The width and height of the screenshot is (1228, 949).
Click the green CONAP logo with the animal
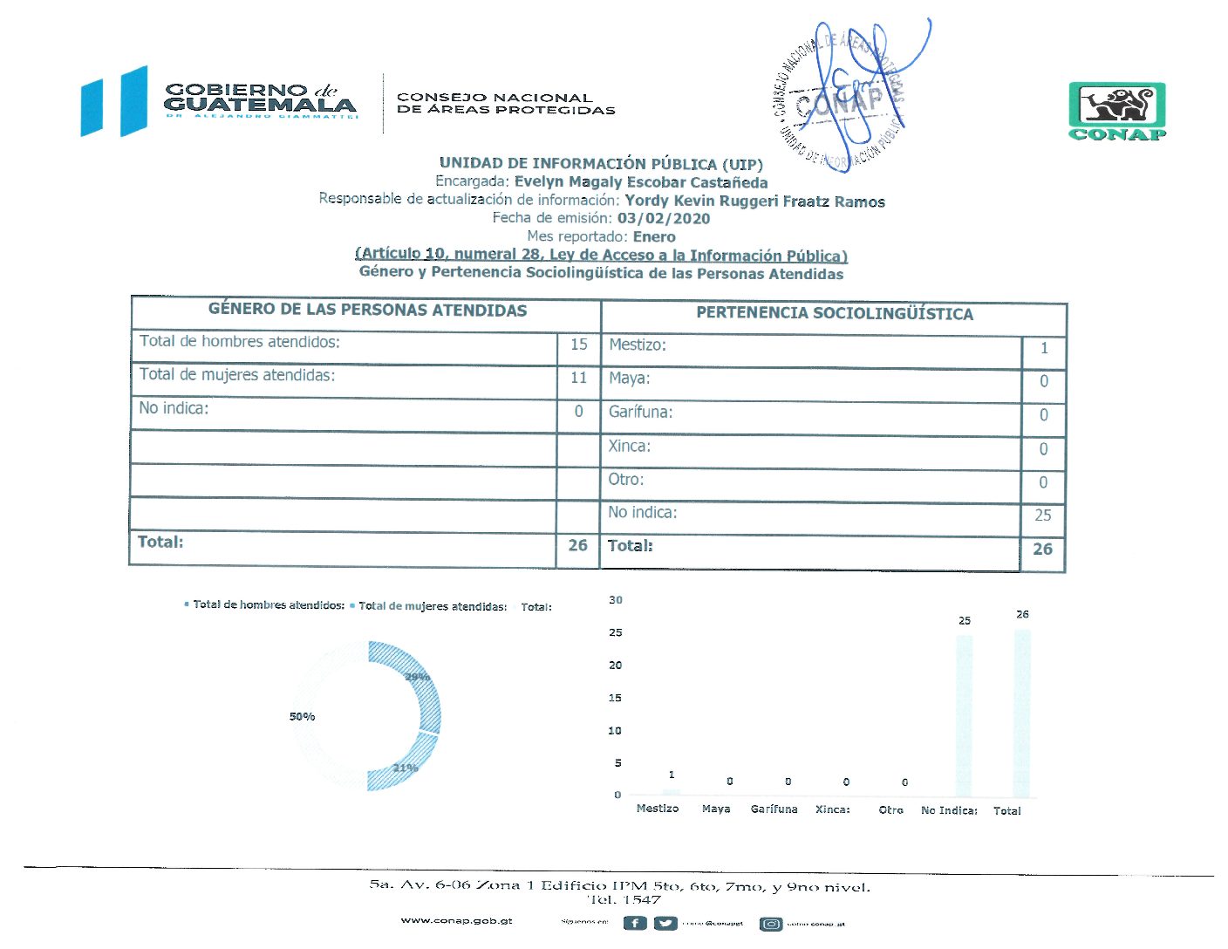click(x=1117, y=111)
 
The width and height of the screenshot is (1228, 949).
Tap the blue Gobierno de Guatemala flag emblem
click(x=114, y=101)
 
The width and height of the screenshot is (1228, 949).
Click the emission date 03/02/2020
click(x=664, y=219)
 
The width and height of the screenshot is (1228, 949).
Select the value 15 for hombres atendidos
click(x=578, y=345)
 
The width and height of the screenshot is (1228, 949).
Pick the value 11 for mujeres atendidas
click(x=578, y=379)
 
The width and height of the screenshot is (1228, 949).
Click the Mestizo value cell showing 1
click(x=1044, y=349)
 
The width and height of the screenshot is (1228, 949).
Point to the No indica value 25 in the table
click(x=1043, y=515)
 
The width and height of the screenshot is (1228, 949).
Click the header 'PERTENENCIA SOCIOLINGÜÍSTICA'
click(x=834, y=314)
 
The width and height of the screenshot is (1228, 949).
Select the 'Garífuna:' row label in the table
click(x=640, y=413)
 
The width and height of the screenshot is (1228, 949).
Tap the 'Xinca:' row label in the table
click(x=630, y=447)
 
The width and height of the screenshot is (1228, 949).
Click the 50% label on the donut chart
click(x=302, y=717)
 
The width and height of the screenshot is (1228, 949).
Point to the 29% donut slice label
click(x=417, y=678)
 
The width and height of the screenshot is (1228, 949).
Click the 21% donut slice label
click(x=406, y=768)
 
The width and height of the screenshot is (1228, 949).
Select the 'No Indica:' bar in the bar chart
click(x=964, y=715)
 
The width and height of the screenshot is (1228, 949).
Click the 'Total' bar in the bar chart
click(x=1022, y=713)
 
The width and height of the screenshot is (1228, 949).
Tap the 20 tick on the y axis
click(x=615, y=666)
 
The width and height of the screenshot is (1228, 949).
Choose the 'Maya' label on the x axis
click(x=716, y=809)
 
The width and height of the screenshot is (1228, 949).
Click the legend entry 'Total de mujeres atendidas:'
click(x=432, y=606)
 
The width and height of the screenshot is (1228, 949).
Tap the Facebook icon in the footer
click(x=635, y=923)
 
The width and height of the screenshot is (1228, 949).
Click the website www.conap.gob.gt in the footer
click(x=456, y=921)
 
